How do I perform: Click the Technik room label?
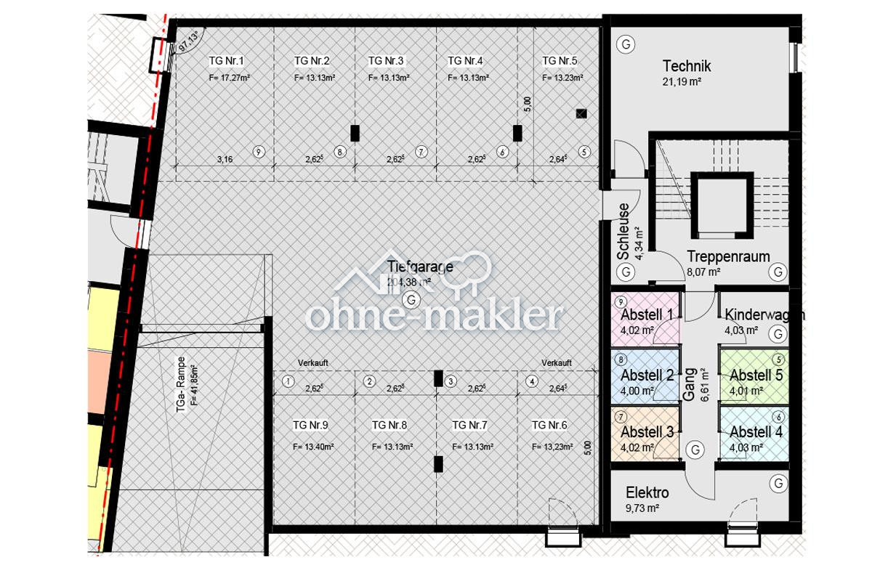click(x=687, y=66)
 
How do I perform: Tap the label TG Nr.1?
click(x=227, y=60)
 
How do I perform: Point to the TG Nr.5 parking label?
click(x=560, y=60)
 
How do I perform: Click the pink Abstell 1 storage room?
click(x=645, y=320)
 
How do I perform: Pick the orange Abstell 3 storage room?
click(x=645, y=434)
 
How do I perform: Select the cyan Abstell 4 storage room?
click(x=754, y=434)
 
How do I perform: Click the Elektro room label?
click(x=647, y=493)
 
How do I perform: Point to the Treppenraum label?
click(x=728, y=256)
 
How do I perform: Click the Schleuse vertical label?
click(x=623, y=231)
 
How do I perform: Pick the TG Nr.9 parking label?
click(x=311, y=425)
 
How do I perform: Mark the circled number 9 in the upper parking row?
click(x=258, y=152)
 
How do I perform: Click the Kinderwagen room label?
click(x=764, y=315)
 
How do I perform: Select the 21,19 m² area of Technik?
click(x=681, y=83)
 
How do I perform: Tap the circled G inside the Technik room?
click(x=624, y=44)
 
